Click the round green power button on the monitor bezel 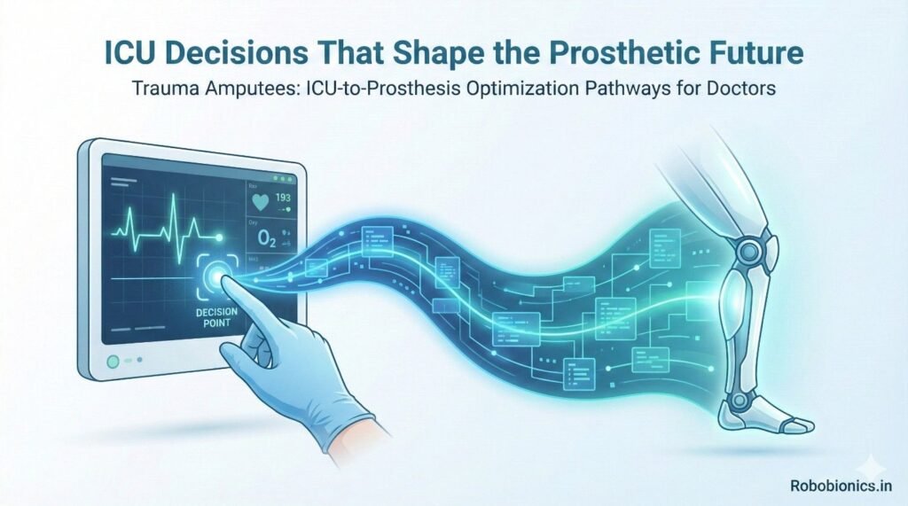[112, 362]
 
